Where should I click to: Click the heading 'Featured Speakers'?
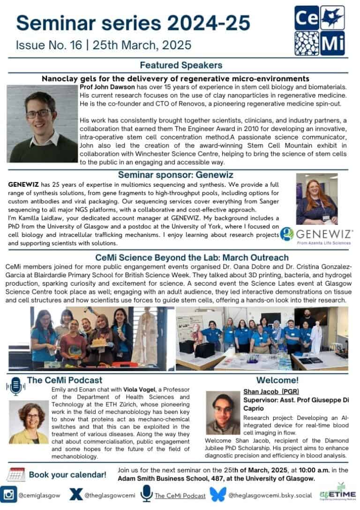[180, 65]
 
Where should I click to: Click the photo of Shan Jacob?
[223, 413]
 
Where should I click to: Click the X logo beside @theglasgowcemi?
[75, 495]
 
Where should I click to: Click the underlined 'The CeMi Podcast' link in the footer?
[180, 495]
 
